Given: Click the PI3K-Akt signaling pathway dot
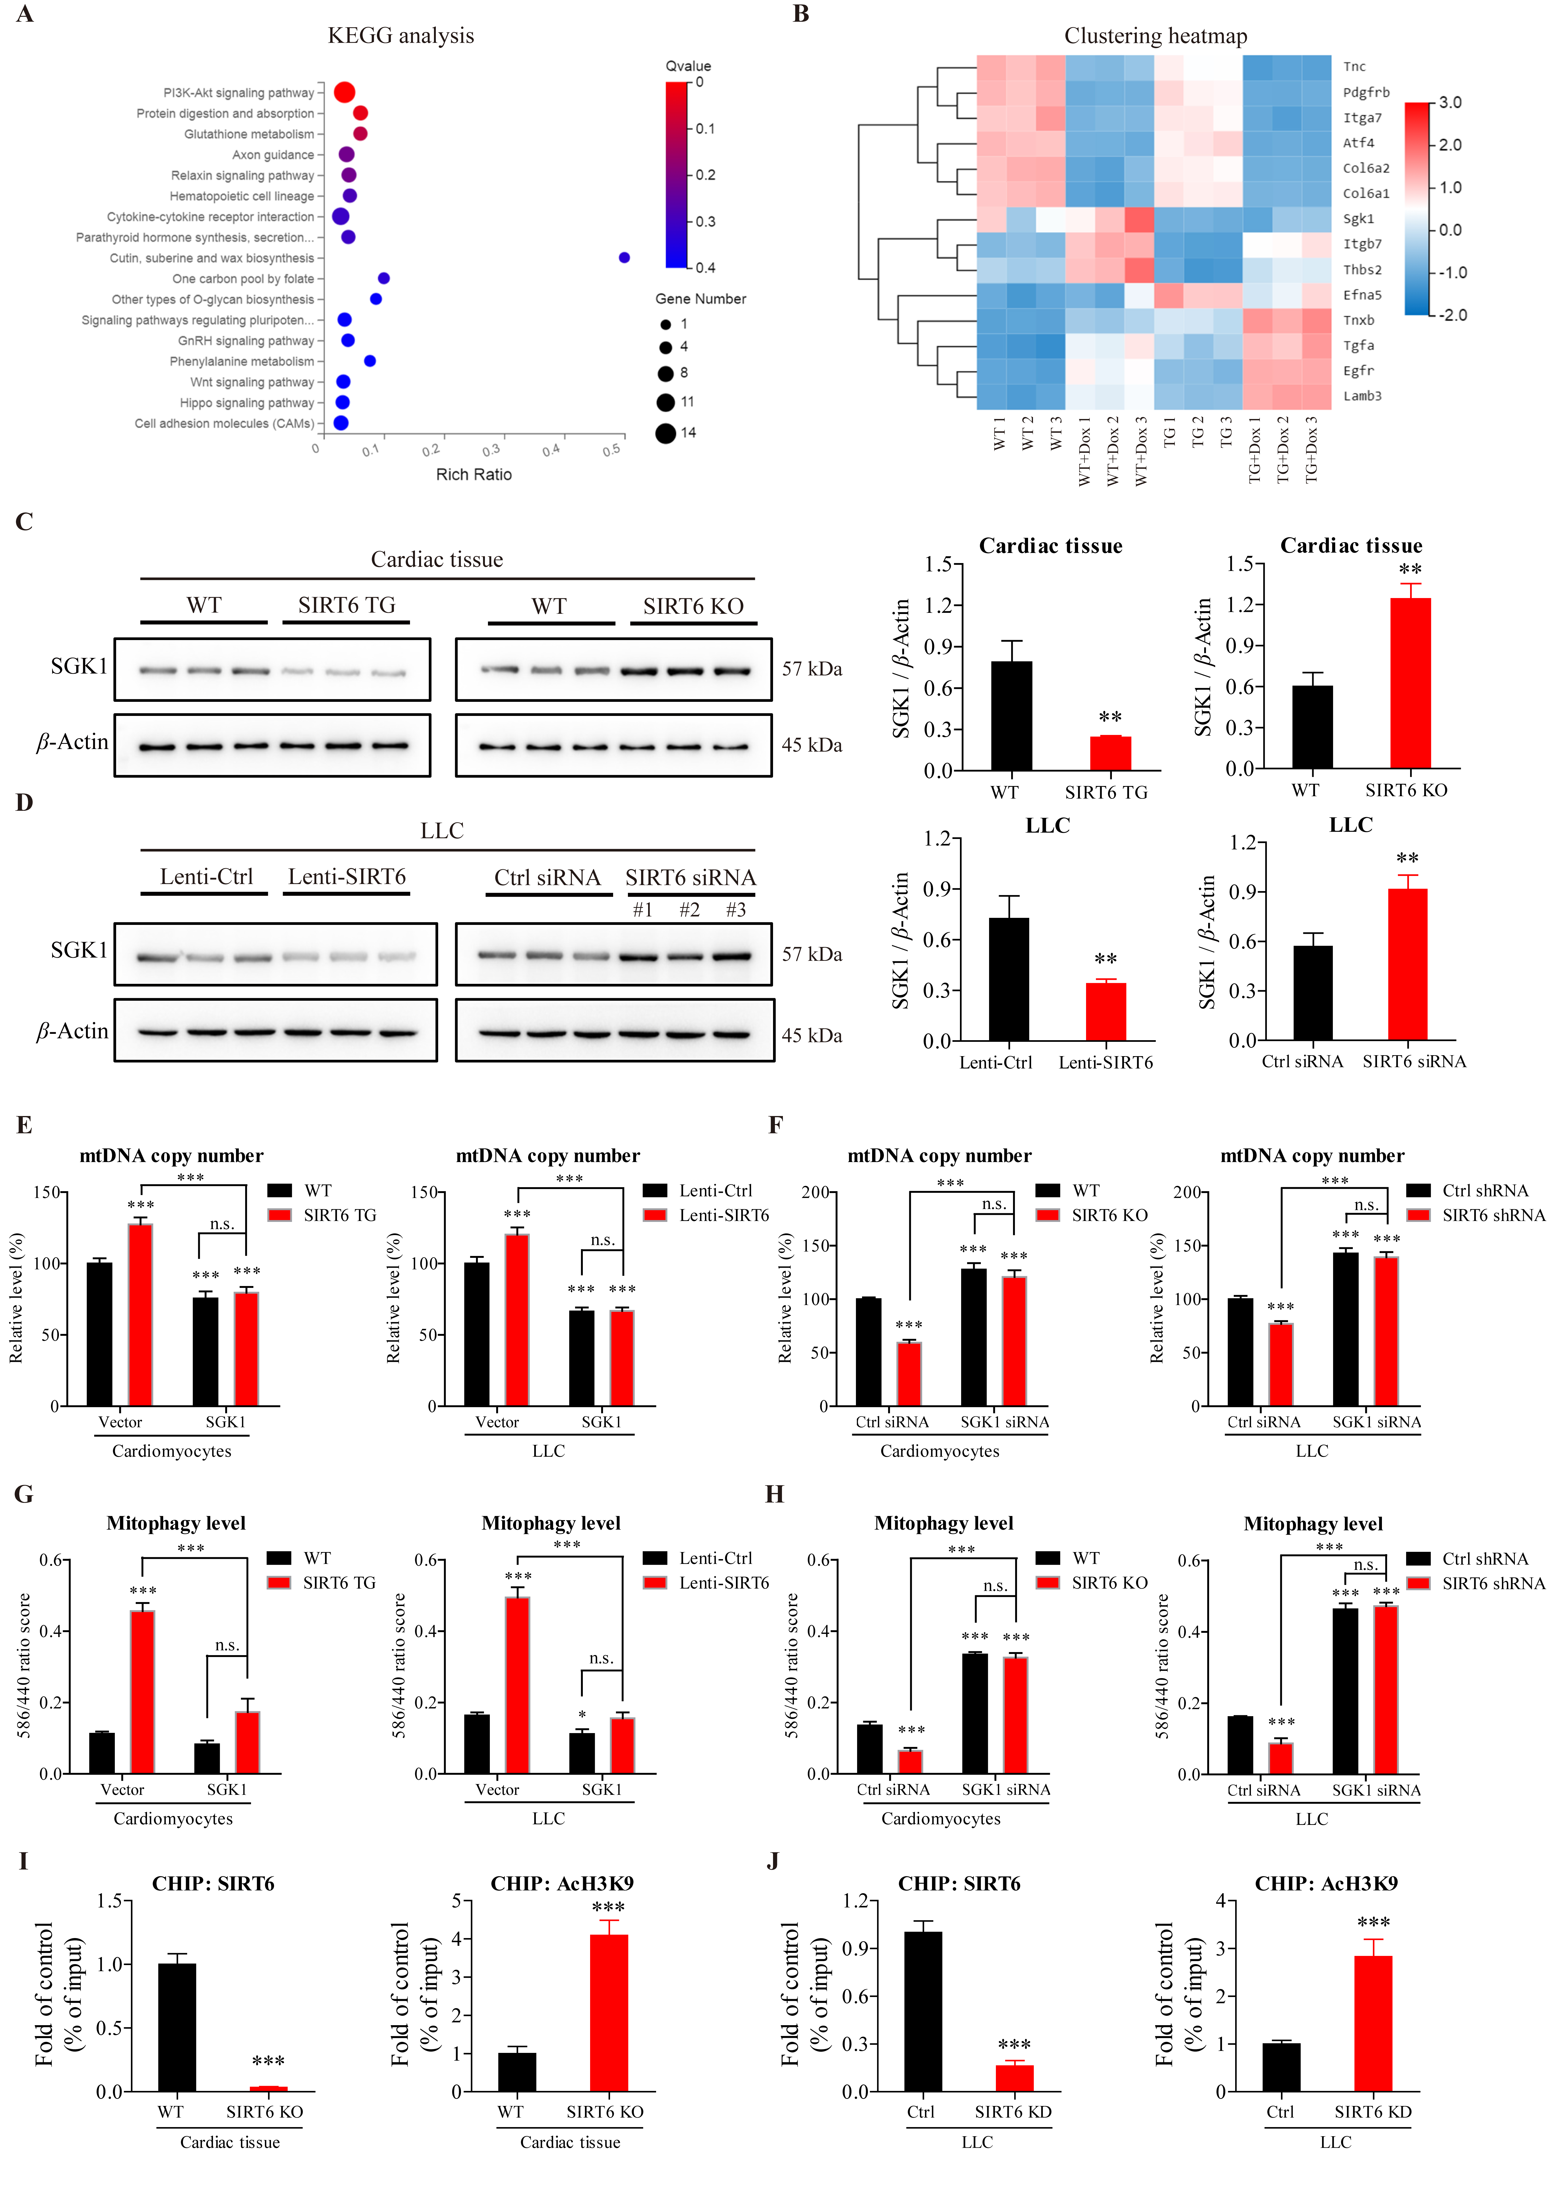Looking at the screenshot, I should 344,93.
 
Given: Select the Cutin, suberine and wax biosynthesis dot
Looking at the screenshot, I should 624,258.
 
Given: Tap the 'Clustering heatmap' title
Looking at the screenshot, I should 1155,36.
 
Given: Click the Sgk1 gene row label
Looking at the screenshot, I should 1358,219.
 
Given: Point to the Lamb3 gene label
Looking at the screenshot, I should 1362,396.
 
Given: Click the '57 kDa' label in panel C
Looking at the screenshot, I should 811,669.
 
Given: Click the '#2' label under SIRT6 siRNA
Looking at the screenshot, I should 689,910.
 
